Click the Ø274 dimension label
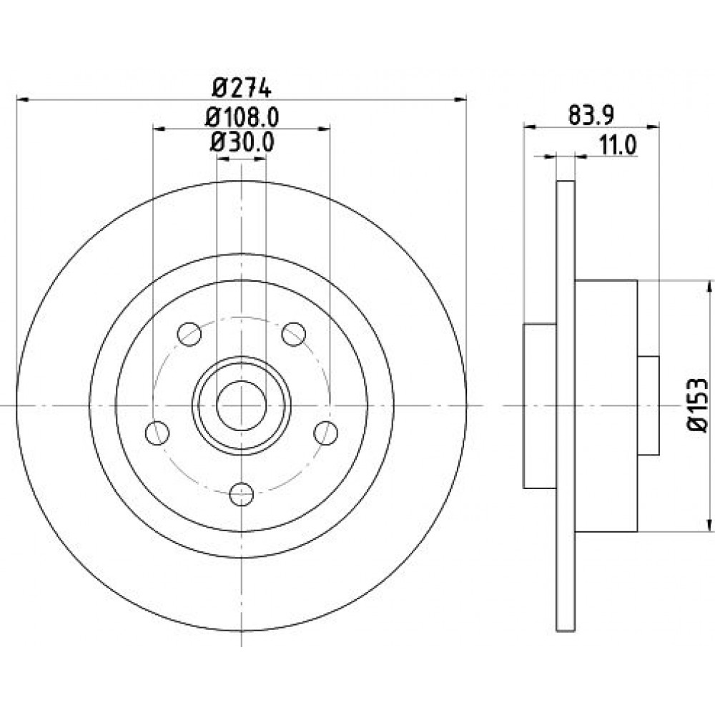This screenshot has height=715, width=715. pos(242,88)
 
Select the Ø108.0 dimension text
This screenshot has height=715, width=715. pos(242,115)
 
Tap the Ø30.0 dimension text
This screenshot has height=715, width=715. pos(242,142)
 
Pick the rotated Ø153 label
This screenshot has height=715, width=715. pos(696,405)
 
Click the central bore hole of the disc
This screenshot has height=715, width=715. pos(242,405)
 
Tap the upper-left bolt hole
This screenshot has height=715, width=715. pos(189,334)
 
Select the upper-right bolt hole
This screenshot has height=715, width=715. pos(294,333)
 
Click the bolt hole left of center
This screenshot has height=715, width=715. pos(157,432)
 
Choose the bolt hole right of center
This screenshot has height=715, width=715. pos(327,432)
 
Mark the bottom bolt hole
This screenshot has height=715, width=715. pos(242,493)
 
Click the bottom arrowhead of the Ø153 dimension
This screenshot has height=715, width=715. pos(709,526)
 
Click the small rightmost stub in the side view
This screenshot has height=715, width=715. pos(648,405)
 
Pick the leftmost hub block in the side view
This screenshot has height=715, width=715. pos(540,405)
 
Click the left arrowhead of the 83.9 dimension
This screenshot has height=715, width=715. pos(530,127)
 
